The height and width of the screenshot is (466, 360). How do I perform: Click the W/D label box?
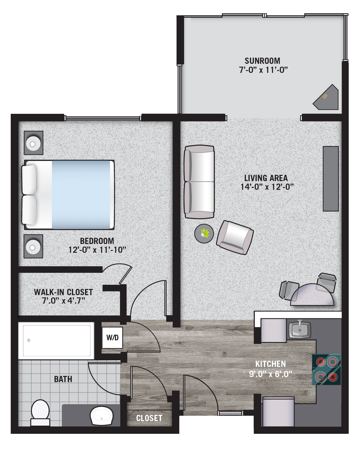pyautogui.click(x=112, y=337)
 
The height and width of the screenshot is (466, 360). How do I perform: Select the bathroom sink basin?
pyautogui.click(x=101, y=416)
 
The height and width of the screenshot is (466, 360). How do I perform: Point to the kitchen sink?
pyautogui.click(x=300, y=330)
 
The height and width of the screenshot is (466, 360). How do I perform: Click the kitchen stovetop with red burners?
pyautogui.click(x=326, y=369)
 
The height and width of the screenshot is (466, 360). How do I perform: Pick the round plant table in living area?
pyautogui.click(x=204, y=234)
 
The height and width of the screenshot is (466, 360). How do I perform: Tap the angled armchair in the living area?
pyautogui.click(x=235, y=238)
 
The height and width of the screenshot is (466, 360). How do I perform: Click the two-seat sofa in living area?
pyautogui.click(x=199, y=182)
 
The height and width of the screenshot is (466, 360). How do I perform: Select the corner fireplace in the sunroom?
pyautogui.click(x=326, y=97)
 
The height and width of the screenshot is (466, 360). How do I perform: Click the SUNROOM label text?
pyautogui.click(x=262, y=61)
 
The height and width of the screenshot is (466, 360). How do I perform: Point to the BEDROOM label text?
pyautogui.click(x=97, y=241)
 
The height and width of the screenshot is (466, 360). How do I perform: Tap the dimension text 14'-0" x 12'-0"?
pyautogui.click(x=267, y=187)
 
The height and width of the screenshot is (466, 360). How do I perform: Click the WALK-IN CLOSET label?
pyautogui.click(x=64, y=292)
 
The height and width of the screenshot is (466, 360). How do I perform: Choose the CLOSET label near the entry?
pyautogui.click(x=149, y=418)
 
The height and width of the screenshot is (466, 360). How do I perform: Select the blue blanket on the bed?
pyautogui.click(x=81, y=195)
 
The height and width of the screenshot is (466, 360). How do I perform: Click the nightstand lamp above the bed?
pyautogui.click(x=33, y=143)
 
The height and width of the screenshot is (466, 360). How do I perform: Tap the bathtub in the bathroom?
pyautogui.click(x=56, y=341)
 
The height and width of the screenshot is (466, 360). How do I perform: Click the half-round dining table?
pyautogui.click(x=312, y=295)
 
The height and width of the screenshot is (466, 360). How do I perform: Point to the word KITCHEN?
pyautogui.click(x=270, y=364)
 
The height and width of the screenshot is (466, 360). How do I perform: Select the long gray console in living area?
pyautogui.click(x=331, y=179)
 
